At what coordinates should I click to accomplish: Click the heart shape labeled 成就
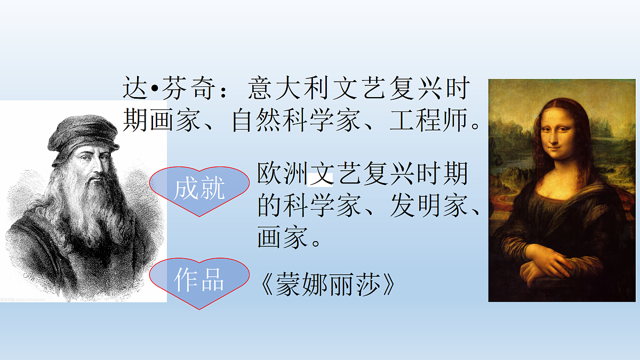[x=199, y=190]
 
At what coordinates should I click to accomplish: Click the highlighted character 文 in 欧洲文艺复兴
[x=322, y=174]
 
